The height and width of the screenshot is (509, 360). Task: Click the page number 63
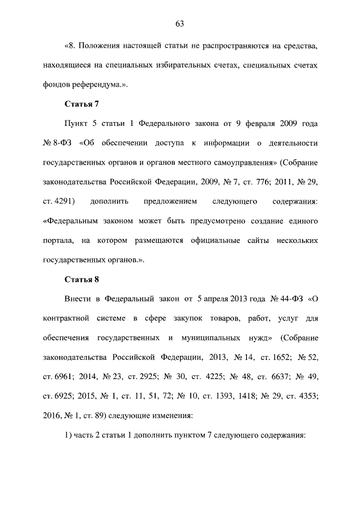tap(180, 24)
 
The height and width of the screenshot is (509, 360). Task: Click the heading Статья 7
tap(82, 103)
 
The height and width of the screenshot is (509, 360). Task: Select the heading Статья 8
tap(82, 279)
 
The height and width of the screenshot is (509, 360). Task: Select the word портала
tap(58, 240)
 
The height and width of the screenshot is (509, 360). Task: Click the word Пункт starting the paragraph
tap(78, 123)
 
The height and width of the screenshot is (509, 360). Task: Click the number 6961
tap(58, 376)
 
